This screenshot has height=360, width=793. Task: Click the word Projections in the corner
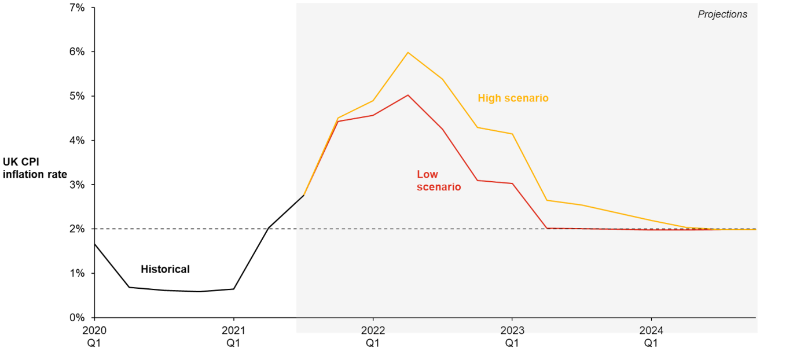pos(722,14)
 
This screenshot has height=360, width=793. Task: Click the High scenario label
pos(513,98)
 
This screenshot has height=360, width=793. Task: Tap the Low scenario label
pos(438,181)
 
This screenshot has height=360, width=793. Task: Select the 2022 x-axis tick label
pos(373,330)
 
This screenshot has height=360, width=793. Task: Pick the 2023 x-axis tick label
pos(512,330)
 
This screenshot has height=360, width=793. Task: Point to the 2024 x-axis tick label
pos(651,330)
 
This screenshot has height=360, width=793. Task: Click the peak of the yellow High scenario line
pos(408,53)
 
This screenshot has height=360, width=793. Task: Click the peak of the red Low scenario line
pos(408,95)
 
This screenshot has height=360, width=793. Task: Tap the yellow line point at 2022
pos(373,101)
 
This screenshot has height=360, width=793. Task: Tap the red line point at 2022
pos(373,115)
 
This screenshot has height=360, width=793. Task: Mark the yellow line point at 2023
pos(512,134)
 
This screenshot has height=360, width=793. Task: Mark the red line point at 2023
pos(512,183)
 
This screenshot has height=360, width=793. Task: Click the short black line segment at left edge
pos(299,200)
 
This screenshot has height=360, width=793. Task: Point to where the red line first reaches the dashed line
pos(547,228)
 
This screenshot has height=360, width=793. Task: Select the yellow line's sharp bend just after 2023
pos(547,200)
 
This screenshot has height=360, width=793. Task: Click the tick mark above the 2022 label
pos(373,319)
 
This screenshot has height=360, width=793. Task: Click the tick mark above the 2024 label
pos(651,319)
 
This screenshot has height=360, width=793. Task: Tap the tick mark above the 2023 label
pos(512,319)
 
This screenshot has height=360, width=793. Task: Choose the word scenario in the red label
pos(439,188)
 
